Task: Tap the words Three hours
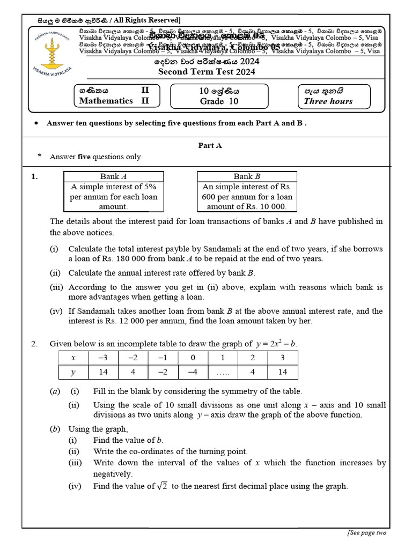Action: point(328,101)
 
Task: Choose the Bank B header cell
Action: point(247,176)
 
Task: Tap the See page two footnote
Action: point(366,532)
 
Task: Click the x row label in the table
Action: point(72,357)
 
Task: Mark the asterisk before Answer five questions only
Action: point(39,157)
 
